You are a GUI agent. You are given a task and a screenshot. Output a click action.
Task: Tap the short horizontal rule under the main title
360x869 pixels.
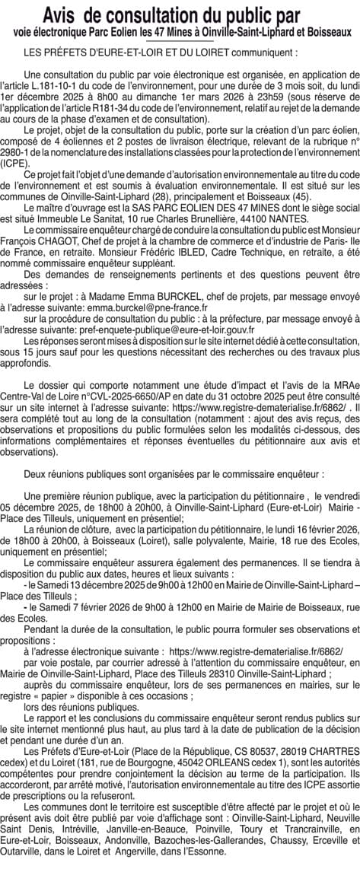[x=180, y=42]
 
